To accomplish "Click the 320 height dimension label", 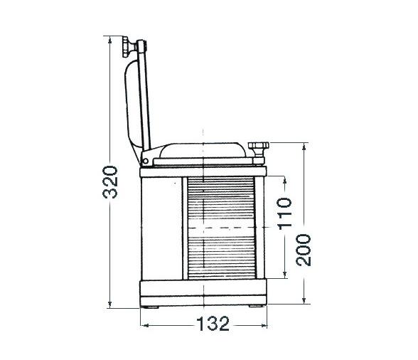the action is click(x=109, y=182).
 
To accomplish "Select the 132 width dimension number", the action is click(x=213, y=324).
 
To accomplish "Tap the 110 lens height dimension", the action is click(x=284, y=213).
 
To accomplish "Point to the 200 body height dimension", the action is click(x=304, y=250).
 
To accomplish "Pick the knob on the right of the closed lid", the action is click(x=258, y=149).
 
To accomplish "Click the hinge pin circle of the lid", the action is click(x=145, y=161).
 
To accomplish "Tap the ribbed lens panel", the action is click(x=221, y=228).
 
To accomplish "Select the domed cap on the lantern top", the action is click(x=203, y=150).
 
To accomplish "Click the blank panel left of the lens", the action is click(x=161, y=228).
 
